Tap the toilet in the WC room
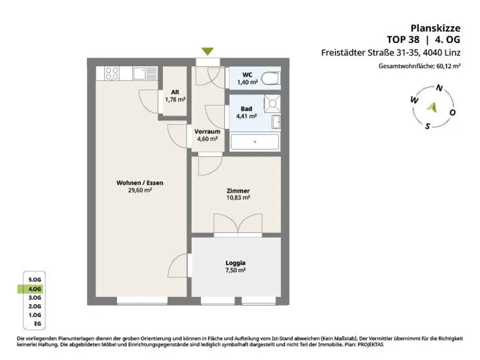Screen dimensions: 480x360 (x=271, y=78)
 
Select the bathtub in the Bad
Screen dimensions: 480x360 (x=255, y=142)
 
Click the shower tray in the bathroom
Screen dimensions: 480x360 (x=272, y=104)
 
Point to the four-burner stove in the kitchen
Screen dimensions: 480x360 (x=112, y=74)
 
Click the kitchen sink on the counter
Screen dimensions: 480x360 (x=145, y=74)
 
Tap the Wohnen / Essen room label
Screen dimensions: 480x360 (x=140, y=183)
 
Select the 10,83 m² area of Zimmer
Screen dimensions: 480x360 (x=238, y=198)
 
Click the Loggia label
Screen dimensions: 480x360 (x=235, y=262)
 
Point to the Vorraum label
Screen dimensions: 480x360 (x=207, y=131)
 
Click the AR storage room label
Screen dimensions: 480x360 (x=175, y=92)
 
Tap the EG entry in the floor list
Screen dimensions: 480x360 (x=37, y=323)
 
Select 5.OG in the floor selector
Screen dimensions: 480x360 (x=35, y=280)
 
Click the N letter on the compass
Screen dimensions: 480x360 (x=439, y=88)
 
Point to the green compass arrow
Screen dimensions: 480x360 (x=432, y=107)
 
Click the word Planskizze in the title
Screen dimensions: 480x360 (x=435, y=28)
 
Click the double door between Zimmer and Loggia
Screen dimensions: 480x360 (x=238, y=224)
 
